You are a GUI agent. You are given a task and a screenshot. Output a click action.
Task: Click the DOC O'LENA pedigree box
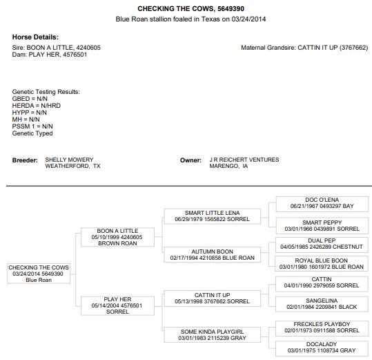tap(322, 204)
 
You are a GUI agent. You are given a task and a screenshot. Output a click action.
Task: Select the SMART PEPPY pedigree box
tap(322, 226)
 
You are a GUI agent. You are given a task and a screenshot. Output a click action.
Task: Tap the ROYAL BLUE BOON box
tap(322, 263)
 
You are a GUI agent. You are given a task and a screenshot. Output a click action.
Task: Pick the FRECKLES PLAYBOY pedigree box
tap(322, 328)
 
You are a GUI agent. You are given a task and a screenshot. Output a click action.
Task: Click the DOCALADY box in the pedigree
tap(322, 349)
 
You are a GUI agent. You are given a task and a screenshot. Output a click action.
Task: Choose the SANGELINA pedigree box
tap(322, 304)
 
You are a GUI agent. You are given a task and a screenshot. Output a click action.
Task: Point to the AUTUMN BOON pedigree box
tap(213, 254)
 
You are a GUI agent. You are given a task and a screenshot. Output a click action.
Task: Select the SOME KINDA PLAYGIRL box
tap(213, 335)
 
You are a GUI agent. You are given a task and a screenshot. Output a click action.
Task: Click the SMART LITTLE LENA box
tap(213, 216)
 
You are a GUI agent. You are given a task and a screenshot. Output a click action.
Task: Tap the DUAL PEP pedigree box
tap(322, 244)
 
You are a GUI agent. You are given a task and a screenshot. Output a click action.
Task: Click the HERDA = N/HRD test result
tap(37, 106)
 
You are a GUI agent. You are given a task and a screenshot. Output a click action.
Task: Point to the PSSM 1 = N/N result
tap(32, 126)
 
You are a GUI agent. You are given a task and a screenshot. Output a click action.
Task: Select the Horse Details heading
tap(35, 37)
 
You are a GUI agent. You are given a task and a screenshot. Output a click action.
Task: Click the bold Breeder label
tap(25, 160)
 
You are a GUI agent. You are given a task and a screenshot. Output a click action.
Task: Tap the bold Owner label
tap(190, 160)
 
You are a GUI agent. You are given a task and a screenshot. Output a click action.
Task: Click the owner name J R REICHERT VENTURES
tap(244, 160)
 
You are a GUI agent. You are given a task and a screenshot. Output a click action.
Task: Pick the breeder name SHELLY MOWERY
tap(69, 160)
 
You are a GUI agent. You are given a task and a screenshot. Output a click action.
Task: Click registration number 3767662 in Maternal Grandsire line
tap(353, 48)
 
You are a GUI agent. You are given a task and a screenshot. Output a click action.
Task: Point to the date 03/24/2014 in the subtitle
tap(248, 19)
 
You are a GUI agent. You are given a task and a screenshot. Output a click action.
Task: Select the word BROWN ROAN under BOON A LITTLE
tap(117, 243)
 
